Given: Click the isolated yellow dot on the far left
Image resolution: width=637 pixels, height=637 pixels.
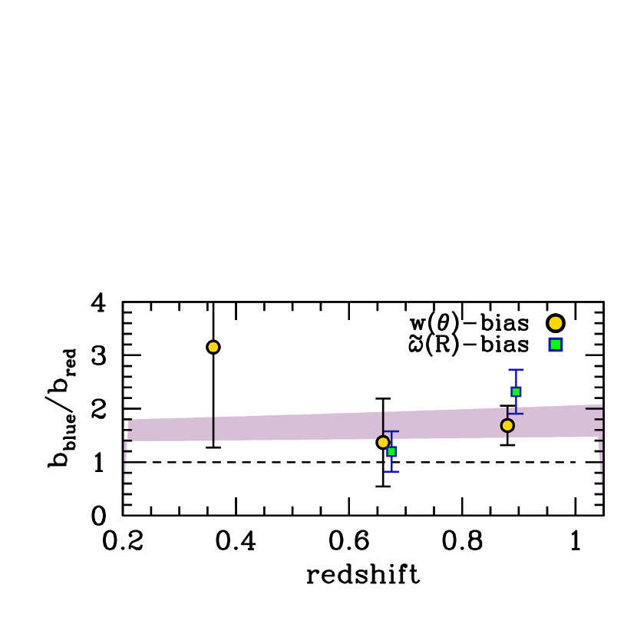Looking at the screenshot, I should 213,347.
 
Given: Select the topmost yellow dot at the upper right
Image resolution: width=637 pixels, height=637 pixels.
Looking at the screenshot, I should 556,323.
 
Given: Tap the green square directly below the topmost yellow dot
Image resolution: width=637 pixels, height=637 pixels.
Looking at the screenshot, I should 556,345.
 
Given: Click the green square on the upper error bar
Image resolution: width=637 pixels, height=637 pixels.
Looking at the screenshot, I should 516,391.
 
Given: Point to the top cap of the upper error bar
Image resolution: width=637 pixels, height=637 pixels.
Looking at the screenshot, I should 516,370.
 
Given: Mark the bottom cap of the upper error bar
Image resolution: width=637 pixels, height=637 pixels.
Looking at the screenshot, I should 516,414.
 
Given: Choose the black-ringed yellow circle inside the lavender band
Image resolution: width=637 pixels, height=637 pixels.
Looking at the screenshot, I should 507,425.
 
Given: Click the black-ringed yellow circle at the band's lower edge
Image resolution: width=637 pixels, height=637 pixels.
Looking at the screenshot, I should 383,442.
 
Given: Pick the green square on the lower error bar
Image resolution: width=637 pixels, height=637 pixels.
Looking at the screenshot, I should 391,451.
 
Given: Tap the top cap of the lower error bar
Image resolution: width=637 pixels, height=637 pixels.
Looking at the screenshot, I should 392,431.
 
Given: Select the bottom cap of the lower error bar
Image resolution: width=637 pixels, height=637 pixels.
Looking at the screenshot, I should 391,471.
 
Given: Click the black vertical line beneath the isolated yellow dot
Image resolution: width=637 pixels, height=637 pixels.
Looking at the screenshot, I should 213,429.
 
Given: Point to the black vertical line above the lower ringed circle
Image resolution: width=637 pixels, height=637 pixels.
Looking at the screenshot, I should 383,422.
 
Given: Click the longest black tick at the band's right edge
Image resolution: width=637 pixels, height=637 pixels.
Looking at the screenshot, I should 593,408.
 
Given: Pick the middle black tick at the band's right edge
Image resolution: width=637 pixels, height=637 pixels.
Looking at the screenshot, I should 598,420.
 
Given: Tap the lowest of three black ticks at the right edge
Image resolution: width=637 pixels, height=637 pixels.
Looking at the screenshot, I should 599,430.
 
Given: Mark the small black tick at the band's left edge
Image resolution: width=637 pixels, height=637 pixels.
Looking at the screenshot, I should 130,430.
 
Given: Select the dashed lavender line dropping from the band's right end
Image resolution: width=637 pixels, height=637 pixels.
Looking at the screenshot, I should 601,468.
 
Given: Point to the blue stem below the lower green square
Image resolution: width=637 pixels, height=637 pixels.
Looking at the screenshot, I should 391,464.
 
